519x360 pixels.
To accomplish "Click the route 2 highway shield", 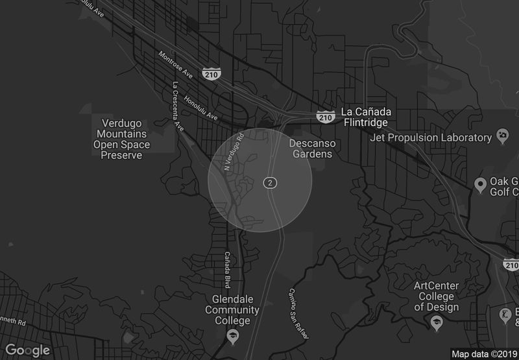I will [x=271, y=184].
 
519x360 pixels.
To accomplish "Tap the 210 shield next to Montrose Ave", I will [x=210, y=75].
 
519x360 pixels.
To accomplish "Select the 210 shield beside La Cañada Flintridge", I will [x=326, y=116].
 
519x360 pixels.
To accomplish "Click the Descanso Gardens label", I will [x=311, y=149].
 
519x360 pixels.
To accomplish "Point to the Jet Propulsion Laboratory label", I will [x=430, y=138].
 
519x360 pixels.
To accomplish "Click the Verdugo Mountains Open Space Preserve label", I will [x=121, y=139].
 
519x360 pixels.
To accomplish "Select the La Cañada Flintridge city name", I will [x=365, y=117].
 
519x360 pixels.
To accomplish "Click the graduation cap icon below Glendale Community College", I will [x=232, y=335].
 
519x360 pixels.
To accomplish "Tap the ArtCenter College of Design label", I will [x=437, y=296].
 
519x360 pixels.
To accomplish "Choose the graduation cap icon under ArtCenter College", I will [x=437, y=322].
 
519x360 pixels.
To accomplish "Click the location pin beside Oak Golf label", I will [x=481, y=186].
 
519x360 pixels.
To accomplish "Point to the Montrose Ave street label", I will [x=176, y=66].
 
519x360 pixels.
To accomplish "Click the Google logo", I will [x=29, y=350].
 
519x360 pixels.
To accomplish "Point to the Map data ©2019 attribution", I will [x=484, y=354].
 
